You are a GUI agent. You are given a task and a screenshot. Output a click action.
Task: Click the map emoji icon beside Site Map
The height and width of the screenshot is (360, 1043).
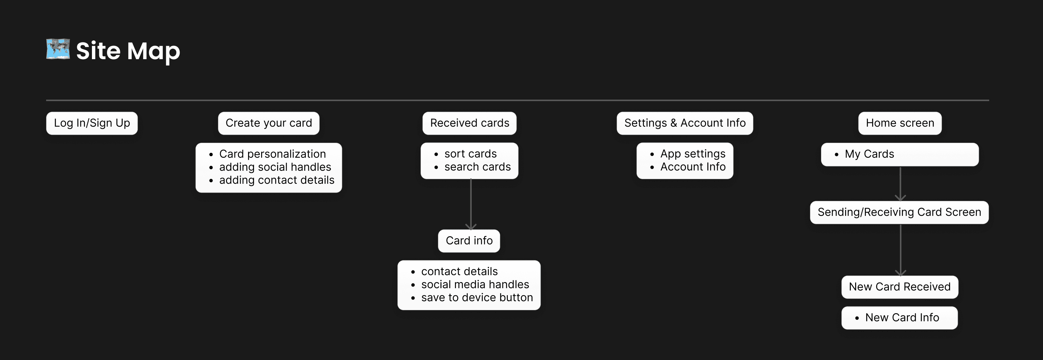(58, 49)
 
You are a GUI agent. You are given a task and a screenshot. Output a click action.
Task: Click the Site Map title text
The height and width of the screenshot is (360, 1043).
(128, 51)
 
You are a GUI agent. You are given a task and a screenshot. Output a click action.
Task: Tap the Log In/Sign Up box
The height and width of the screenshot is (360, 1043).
(92, 123)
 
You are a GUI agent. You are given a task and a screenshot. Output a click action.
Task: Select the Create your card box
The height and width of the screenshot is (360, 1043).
(268, 123)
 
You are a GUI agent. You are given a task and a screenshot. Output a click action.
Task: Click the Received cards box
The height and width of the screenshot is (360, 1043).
(469, 123)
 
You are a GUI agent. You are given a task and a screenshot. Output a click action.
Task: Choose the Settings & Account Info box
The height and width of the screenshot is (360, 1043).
(685, 123)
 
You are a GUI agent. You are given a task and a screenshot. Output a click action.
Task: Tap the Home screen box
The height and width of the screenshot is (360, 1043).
(900, 123)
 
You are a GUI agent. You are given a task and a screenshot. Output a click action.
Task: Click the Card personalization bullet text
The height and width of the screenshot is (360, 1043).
(272, 154)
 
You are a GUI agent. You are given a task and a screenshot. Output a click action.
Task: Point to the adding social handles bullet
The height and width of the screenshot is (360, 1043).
(275, 167)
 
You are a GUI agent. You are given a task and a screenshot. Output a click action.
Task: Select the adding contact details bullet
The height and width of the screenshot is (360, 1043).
(276, 180)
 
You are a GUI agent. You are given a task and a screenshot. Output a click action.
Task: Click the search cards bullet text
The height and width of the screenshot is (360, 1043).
(477, 167)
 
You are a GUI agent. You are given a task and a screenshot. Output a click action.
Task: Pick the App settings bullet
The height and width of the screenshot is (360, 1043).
(693, 154)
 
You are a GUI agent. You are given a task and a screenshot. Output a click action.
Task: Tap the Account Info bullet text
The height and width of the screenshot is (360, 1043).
(693, 167)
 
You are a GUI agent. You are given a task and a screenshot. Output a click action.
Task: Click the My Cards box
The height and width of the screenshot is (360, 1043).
(900, 154)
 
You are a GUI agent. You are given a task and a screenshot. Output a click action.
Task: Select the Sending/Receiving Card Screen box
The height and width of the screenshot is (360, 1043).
(899, 212)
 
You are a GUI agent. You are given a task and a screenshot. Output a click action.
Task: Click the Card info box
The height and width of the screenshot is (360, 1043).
(469, 241)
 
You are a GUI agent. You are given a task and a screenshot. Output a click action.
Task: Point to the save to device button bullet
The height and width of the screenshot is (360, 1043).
(477, 297)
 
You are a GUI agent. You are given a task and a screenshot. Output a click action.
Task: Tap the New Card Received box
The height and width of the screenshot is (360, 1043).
(900, 287)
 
